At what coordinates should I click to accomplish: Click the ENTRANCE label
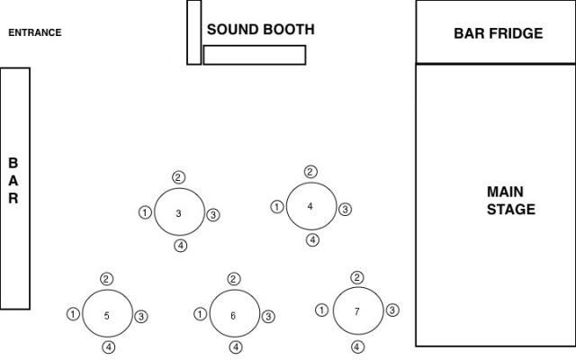pos(35,33)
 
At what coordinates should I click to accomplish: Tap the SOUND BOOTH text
pos(261,30)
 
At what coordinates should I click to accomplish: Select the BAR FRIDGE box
pos(498,32)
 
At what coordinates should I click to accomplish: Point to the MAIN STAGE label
pos(510,201)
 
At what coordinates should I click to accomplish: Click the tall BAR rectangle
pos(14,188)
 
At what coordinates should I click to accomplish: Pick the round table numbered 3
pos(179,213)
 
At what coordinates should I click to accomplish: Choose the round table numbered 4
pos(310,206)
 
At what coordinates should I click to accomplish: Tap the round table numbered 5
pos(107,315)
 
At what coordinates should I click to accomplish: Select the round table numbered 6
pos(233,315)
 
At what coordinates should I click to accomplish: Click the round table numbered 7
pos(357,311)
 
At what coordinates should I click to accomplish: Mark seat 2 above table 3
pos(179,176)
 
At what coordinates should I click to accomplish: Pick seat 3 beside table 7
pos(392,310)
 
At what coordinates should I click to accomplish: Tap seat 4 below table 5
pos(109,347)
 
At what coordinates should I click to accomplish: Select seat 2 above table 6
pos(234,279)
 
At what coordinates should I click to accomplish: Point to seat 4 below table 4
pos(312,239)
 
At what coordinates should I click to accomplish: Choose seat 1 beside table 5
pos(73,314)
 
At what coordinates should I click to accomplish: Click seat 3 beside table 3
pos(213,214)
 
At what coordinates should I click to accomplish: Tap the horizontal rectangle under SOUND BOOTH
pos(255,55)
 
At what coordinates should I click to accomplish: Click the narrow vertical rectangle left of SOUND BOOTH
pos(193,32)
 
